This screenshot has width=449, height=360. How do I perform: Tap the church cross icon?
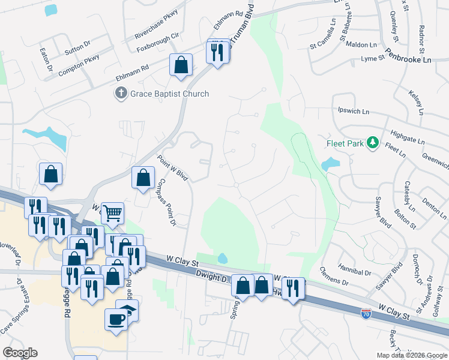pos(121,94)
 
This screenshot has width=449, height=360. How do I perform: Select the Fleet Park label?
pos(346,143)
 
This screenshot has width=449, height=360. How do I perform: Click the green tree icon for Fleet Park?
pos(373,143)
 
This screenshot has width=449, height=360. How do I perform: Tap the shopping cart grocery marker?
pos(112,212)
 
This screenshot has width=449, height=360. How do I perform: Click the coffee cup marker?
pos(116,319)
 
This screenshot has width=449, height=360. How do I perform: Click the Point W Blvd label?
pos(173,169)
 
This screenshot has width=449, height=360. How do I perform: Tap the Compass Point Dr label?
pos(164,203)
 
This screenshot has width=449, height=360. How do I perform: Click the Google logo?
pos(20,353)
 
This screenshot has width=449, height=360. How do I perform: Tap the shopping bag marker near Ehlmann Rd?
pos(181,65)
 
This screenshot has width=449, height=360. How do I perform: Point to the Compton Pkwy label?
pos(79,64)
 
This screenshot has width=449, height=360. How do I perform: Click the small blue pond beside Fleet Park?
pos(330,163)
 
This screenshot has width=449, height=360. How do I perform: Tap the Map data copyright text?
pos(411,355)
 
